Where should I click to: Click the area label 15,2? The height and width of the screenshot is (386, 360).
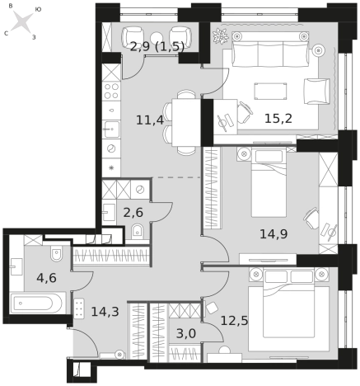tap(278, 119)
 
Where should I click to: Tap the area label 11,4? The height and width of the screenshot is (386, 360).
tap(150, 120)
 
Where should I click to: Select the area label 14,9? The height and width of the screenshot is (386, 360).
tap(274, 234)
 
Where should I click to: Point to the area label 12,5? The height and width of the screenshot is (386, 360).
tap(234, 320)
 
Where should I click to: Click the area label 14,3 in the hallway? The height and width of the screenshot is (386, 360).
tap(105, 312)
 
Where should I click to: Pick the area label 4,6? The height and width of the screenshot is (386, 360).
tap(46, 278)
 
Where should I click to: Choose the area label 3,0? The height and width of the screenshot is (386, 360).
tap(186, 333)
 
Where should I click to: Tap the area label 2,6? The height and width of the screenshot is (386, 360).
tap(133, 213)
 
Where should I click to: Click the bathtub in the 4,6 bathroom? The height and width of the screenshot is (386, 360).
tap(38, 303)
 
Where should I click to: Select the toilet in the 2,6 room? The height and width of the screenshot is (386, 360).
tap(137, 232)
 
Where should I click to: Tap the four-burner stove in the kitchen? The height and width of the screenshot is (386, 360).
tap(111, 91)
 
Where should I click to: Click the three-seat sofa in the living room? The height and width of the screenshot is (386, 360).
tap(270, 49)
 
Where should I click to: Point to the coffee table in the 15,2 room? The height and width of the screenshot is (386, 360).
tap(270, 91)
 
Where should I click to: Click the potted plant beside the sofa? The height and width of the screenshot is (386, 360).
tap(221, 35)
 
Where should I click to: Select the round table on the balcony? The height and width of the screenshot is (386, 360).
tap(157, 37)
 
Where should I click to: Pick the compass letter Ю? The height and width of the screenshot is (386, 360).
tap(38, 9)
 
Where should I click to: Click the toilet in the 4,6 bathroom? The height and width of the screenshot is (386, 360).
tap(56, 253)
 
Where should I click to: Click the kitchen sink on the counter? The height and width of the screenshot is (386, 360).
tap(111, 129)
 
